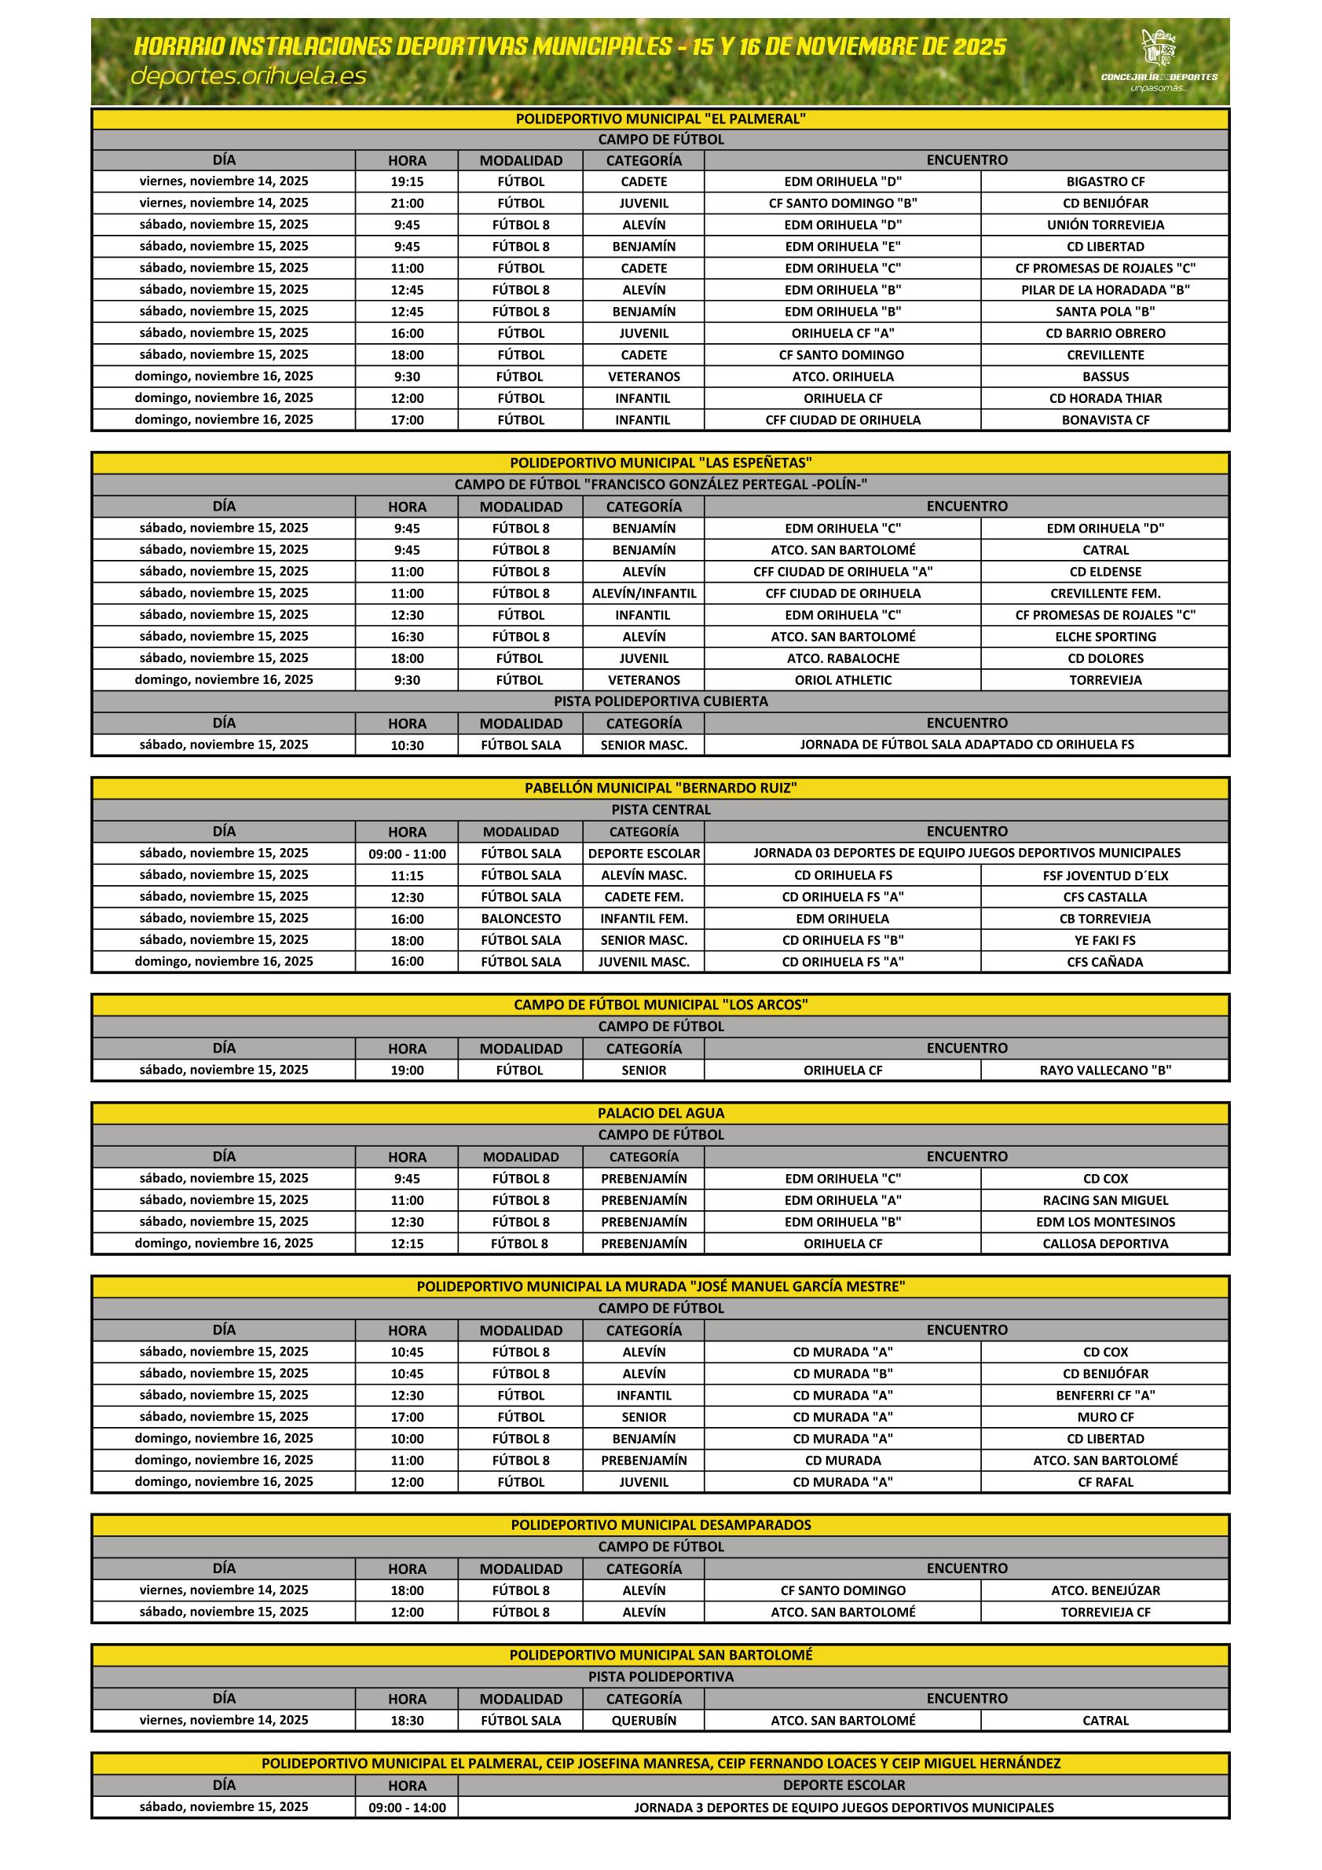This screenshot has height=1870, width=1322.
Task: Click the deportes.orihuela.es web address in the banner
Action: coord(248,76)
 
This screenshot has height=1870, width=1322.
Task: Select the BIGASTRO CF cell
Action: coord(1104,181)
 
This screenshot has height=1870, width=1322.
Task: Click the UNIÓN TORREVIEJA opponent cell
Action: coord(1104,225)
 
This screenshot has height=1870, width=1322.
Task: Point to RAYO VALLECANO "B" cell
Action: coord(1104,1070)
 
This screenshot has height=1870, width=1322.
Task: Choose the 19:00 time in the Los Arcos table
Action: coord(406,1070)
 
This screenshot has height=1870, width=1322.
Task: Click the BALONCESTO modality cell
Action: coord(521,919)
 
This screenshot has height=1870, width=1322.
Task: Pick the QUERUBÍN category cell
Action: coord(643,1721)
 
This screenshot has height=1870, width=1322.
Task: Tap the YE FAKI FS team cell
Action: coord(1104,940)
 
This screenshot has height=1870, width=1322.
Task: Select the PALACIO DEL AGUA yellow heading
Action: coord(661,1114)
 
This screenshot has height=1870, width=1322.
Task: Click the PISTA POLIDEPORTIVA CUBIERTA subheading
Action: coord(661,701)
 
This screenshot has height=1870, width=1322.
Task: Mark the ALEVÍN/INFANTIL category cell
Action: coord(643,594)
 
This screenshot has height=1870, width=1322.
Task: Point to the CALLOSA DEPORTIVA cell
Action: coord(1104,1244)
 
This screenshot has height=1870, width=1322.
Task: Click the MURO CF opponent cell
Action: coord(1104,1417)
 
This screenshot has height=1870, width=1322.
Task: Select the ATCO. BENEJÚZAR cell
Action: coord(1104,1590)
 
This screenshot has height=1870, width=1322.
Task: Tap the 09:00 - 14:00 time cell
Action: coord(406,1808)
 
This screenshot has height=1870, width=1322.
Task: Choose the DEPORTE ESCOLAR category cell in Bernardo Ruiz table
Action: coord(643,854)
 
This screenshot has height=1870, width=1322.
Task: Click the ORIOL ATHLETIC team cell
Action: coord(842,680)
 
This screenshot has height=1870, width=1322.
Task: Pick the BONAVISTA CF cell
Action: coord(1104,420)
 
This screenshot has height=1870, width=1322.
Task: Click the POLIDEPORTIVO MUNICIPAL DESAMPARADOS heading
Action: coord(661,1525)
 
